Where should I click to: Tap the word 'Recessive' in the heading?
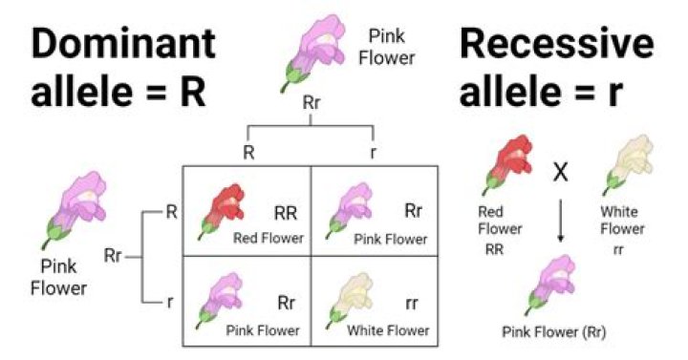click(x=558, y=45)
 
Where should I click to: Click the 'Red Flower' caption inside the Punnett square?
click(x=269, y=238)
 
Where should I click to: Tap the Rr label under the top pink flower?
click(x=310, y=102)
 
